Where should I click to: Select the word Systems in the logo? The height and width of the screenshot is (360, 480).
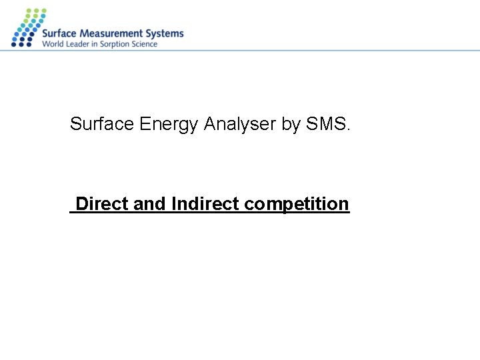coord(164,33)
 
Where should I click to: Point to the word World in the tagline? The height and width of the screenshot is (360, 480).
coord(52,45)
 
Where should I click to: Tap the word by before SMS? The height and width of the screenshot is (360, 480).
coord(291,125)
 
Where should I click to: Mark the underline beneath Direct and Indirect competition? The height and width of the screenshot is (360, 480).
coord(209,213)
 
